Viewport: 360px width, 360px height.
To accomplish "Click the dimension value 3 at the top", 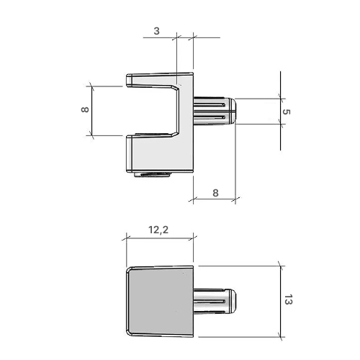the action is [156, 31].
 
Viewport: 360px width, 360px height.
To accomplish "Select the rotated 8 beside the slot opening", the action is [85, 109].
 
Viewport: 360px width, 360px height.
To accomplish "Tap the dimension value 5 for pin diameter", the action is [287, 112].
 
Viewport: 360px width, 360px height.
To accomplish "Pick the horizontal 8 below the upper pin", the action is [215, 193].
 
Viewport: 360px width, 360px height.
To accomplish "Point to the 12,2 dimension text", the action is [158, 230].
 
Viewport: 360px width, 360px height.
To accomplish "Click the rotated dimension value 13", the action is [288, 300].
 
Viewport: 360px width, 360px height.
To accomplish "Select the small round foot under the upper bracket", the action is [153, 174].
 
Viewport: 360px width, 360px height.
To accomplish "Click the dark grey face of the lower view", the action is [160, 301].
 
